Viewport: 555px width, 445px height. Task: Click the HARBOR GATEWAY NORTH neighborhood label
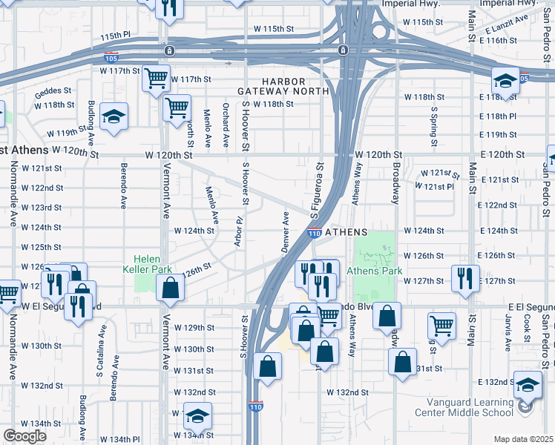point(283,85)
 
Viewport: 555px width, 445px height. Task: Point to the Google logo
point(24,436)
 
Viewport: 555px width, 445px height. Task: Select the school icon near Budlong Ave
point(114,116)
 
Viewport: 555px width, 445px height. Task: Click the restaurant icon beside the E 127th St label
point(465,278)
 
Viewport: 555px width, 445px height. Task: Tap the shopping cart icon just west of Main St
point(441,325)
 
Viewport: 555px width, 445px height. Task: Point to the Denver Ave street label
point(285,231)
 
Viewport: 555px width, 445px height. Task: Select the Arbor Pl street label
point(239,232)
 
